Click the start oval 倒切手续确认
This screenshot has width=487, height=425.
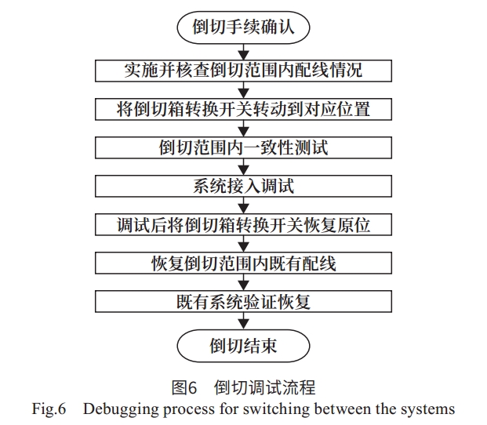click(243, 27)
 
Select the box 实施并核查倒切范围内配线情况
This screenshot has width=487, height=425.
click(243, 71)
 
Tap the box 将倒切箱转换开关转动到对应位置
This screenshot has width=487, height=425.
click(243, 109)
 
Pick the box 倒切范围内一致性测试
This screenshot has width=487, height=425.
click(243, 147)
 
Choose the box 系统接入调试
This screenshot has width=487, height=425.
click(243, 186)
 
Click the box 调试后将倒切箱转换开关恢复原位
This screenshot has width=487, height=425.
click(243, 224)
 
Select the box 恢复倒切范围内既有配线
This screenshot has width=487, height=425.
click(243, 263)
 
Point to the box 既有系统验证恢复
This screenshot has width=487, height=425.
click(243, 301)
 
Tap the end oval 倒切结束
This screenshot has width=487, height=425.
click(243, 346)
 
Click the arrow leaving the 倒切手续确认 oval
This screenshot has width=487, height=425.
click(243, 52)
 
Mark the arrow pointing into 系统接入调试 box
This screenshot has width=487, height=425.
click(243, 167)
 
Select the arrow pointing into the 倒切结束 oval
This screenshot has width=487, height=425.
click(243, 321)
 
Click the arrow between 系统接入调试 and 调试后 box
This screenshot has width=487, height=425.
click(243, 205)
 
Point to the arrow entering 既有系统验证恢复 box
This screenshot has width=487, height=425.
click(243, 282)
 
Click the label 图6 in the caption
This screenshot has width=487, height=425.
click(184, 387)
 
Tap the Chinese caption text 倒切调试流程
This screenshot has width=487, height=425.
click(264, 387)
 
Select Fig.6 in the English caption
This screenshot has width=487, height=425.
click(49, 409)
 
